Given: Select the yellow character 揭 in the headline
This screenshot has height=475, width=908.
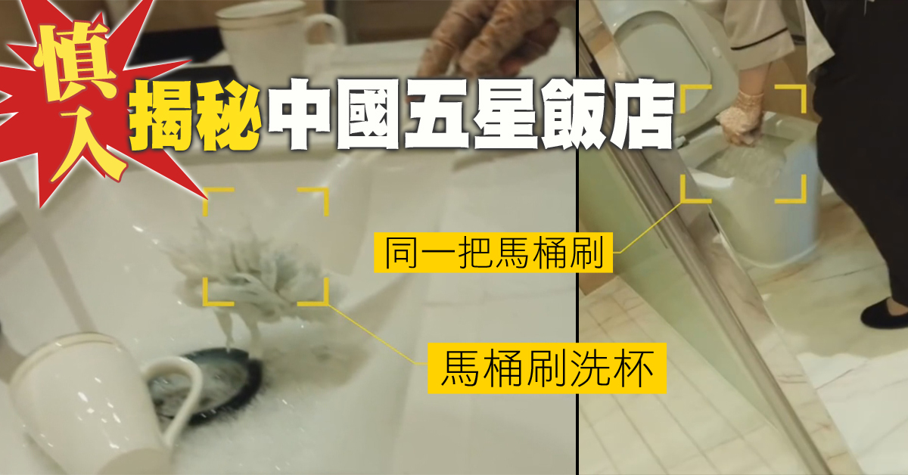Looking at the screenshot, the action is [x=162, y=116].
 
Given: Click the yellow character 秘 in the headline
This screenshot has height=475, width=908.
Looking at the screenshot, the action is [x=229, y=116].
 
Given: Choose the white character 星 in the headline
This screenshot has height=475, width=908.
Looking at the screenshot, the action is [x=506, y=116].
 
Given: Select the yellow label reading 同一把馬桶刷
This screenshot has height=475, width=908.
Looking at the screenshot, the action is [x=493, y=252].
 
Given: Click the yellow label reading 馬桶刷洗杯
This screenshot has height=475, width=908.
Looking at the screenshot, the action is [x=547, y=368].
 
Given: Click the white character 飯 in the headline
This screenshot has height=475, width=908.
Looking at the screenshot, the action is [x=574, y=116].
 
